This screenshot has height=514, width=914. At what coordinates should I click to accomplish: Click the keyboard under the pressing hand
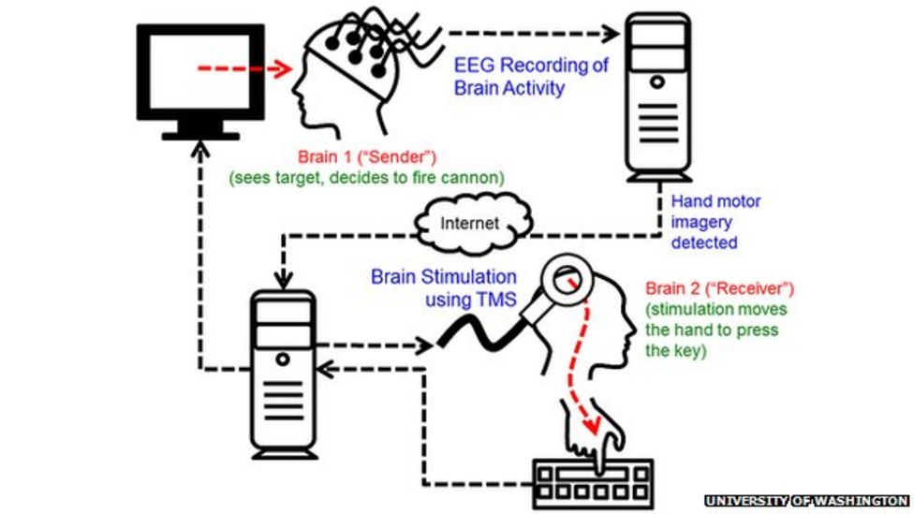click(593, 481)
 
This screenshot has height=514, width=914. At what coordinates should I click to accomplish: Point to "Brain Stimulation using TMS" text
click(443, 286)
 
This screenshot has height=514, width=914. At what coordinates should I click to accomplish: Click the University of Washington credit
click(805, 501)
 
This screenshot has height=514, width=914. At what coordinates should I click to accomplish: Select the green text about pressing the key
click(717, 330)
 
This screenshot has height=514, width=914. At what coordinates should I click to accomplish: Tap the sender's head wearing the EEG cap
click(346, 70)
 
